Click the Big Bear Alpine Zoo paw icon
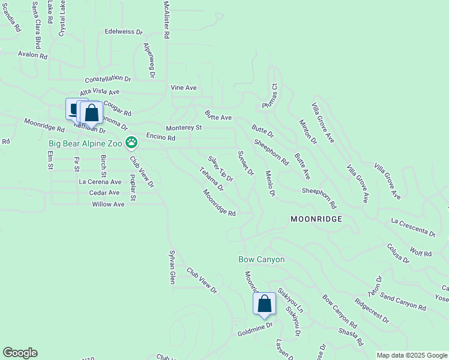tap(131, 143)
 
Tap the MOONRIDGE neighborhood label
tap(316, 220)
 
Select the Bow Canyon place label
tap(261, 259)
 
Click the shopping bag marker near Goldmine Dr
tap(264, 304)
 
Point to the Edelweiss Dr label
tap(124, 32)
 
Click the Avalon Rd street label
tap(32, 55)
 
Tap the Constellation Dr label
tap(108, 79)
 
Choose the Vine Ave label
tap(184, 88)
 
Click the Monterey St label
tap(184, 128)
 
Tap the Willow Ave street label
tap(108, 205)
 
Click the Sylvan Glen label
tap(172, 267)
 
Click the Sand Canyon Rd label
tap(403, 303)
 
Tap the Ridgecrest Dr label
tap(372, 311)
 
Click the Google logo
tap(20, 353)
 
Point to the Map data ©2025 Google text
tap(412, 355)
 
